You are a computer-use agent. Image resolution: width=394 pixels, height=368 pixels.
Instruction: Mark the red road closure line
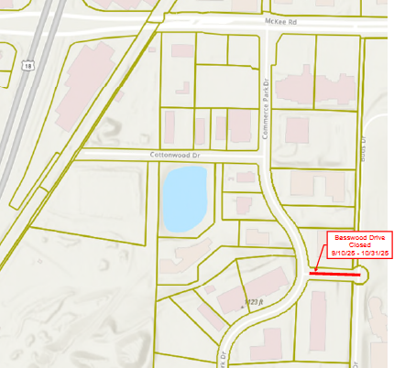coord(334,273)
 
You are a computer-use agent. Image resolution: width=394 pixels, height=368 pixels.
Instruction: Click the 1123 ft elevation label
coord(252,302)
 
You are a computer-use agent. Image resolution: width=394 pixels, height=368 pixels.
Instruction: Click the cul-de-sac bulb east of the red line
coord(360,275)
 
